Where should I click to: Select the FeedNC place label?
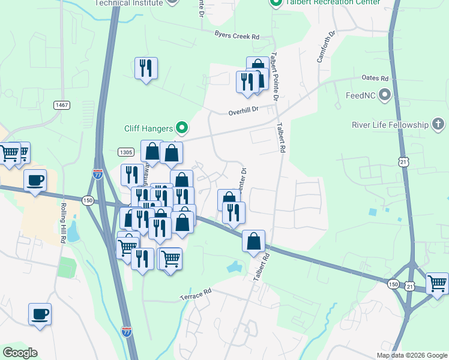tap(361, 95)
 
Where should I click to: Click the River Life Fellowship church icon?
tap(438, 125)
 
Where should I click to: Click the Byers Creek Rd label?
tap(237, 36)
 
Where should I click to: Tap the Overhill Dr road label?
tap(243, 111)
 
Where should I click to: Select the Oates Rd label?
tap(376, 78)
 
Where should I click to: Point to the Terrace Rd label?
tap(196, 293)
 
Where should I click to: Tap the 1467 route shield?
tap(61, 105)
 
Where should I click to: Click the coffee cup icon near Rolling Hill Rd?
tap(35, 179)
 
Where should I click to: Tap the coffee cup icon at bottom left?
tap(40, 314)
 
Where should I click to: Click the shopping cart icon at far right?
tap(437, 283)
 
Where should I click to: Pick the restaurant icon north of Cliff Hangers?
tap(146, 68)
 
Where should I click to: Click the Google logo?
tap(20, 353)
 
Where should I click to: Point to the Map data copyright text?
tap(412, 355)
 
